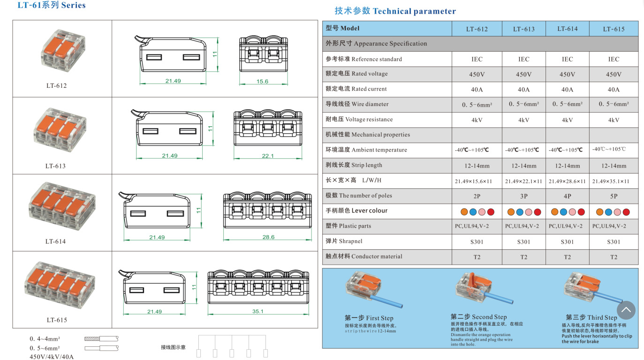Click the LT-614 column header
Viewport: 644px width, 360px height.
pos(567,29)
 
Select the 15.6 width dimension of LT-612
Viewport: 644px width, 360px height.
pos(262,82)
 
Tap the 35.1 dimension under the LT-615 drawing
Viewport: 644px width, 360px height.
pos(258,311)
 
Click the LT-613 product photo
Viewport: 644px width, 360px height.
pos(60,130)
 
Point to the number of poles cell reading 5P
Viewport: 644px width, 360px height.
pos(614,196)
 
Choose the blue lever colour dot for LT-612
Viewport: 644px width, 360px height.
pos(473,212)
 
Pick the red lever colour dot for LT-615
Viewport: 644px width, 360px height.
pos(626,212)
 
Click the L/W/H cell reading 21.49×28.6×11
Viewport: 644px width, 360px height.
pos(567,181)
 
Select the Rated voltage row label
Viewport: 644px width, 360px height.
pos(356,74)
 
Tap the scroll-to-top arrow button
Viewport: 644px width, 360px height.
pos(626,310)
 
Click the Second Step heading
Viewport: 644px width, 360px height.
pos(479,317)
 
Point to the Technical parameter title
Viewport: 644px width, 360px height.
pos(395,11)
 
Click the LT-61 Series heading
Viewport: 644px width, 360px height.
pos(52,5)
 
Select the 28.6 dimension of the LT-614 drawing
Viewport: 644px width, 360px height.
pos(268,237)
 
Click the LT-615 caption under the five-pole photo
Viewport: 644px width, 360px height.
pos(57,320)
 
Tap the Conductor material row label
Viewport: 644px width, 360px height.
pos(364,256)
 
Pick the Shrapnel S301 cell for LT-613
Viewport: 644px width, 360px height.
pos(523,242)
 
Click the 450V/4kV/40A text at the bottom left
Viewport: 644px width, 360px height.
pos(52,357)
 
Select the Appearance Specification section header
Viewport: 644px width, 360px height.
pos(376,44)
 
